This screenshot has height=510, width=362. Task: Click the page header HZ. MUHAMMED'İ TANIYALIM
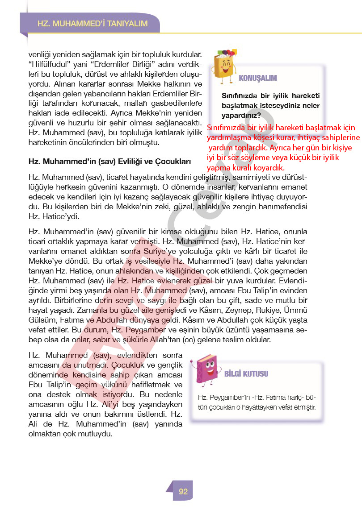click(93, 24)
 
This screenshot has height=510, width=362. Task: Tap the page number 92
click(183, 492)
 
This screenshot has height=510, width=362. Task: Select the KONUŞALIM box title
click(258, 78)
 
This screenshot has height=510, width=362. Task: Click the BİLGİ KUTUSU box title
click(246, 373)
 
